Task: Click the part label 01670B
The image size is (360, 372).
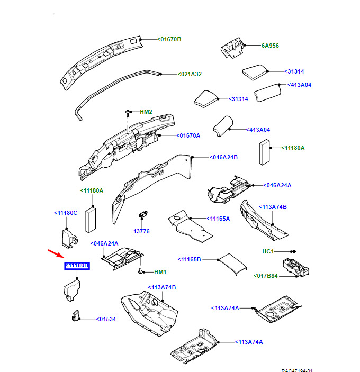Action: click(170, 39)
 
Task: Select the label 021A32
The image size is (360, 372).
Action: click(190, 75)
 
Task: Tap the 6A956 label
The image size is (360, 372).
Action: click(270, 46)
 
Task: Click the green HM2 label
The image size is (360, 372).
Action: click(146, 112)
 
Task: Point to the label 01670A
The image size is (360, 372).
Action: click(189, 135)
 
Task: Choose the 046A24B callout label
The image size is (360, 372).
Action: click(223, 157)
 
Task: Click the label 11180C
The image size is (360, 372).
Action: click(66, 213)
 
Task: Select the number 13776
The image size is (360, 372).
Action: click(141, 231)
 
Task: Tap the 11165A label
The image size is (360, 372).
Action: click(219, 218)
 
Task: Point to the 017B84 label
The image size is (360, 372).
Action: click(266, 275)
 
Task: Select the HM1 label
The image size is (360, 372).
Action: click(160, 272)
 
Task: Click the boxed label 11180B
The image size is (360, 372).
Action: click(77, 266)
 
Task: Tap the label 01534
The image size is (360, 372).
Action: click(106, 319)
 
